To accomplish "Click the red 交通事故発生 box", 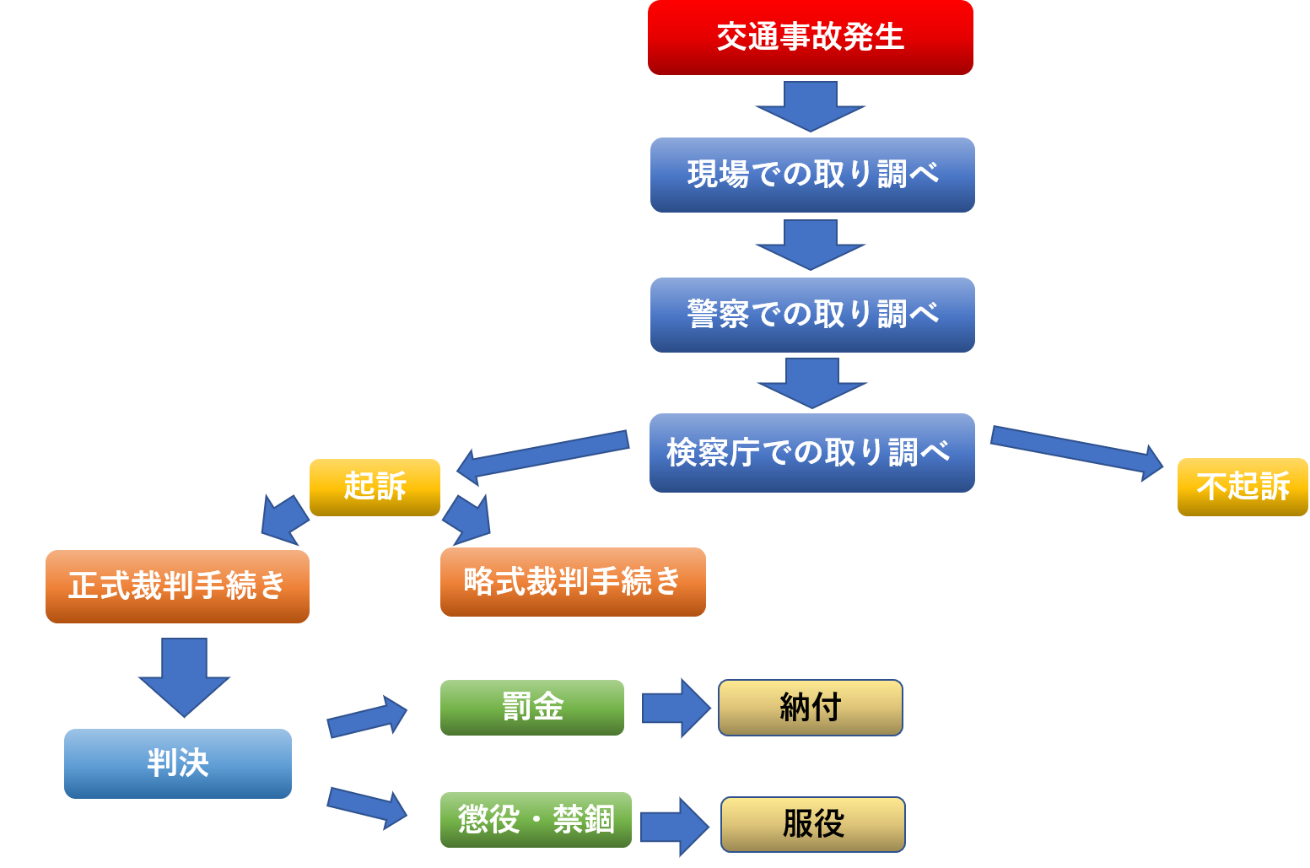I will (810, 38).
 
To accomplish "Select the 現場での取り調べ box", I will (812, 175).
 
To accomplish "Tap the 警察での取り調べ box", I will (812, 315).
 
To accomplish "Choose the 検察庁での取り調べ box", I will (811, 453).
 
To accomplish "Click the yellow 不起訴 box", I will (1243, 487).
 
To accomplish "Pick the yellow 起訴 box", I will (375, 487).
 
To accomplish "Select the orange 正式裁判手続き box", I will (177, 586).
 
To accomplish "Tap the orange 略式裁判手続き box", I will (573, 582).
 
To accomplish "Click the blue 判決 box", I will (178, 763).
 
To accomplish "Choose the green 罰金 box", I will (532, 707).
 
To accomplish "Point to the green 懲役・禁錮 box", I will (536, 819).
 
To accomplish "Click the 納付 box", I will (811, 707).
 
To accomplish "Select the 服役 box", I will (813, 824).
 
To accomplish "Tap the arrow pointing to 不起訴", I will (1075, 450).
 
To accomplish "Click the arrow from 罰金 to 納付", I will (676, 708).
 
